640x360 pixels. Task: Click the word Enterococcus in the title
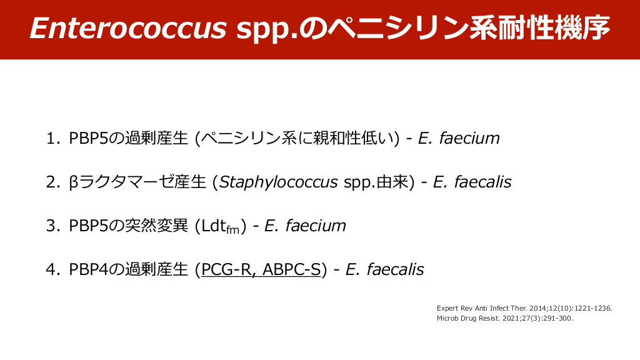[127, 28]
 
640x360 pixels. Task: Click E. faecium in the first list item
[459, 138]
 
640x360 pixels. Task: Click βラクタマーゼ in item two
[119, 182]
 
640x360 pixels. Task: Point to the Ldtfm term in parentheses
[221, 226]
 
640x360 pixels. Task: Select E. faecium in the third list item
[305, 226]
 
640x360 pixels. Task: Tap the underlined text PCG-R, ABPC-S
[261, 269]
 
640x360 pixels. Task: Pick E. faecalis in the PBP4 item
[384, 269]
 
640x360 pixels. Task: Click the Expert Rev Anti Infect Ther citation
[524, 308]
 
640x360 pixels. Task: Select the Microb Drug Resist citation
[504, 318]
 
